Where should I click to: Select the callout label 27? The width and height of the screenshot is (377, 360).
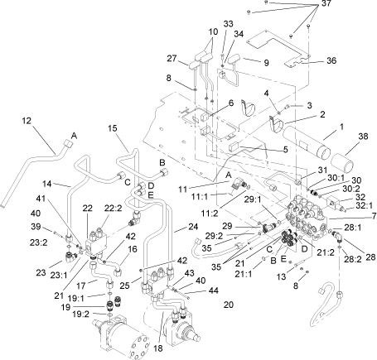(x=172, y=59)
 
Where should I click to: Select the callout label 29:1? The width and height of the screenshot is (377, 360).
(x=252, y=199)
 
